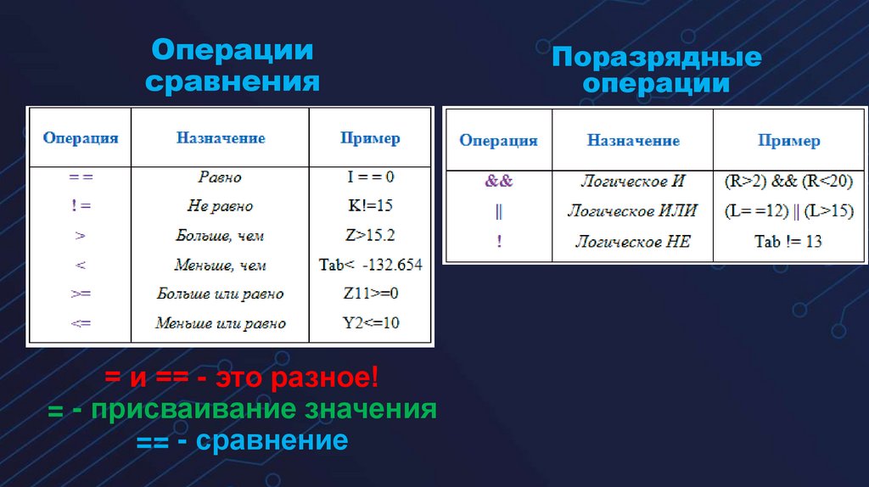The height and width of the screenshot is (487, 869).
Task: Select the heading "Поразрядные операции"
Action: coord(657,70)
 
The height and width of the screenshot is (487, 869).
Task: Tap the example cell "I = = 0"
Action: coord(369,177)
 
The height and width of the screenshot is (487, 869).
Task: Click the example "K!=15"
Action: coord(369,205)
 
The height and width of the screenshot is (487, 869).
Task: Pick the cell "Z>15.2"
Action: coord(369,235)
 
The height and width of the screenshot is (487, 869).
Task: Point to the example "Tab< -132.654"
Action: coord(370,265)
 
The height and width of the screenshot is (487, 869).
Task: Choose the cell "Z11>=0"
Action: coord(370,294)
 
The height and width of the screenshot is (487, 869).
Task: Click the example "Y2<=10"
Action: coord(370,322)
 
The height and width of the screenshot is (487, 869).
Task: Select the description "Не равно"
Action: coord(220,206)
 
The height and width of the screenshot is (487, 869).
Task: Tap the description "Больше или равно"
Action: coord(220,294)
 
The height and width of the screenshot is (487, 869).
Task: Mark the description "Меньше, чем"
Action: coord(220,266)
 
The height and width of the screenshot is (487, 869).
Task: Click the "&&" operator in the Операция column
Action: coord(498,182)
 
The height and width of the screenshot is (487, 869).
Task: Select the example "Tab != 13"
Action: coord(788,242)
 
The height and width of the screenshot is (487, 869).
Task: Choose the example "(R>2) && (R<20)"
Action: coord(788,182)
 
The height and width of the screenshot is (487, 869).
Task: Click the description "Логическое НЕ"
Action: coord(632,242)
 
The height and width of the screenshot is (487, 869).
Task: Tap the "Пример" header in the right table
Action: coord(788,141)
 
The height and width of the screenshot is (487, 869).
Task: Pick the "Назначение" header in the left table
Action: coord(220,137)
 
